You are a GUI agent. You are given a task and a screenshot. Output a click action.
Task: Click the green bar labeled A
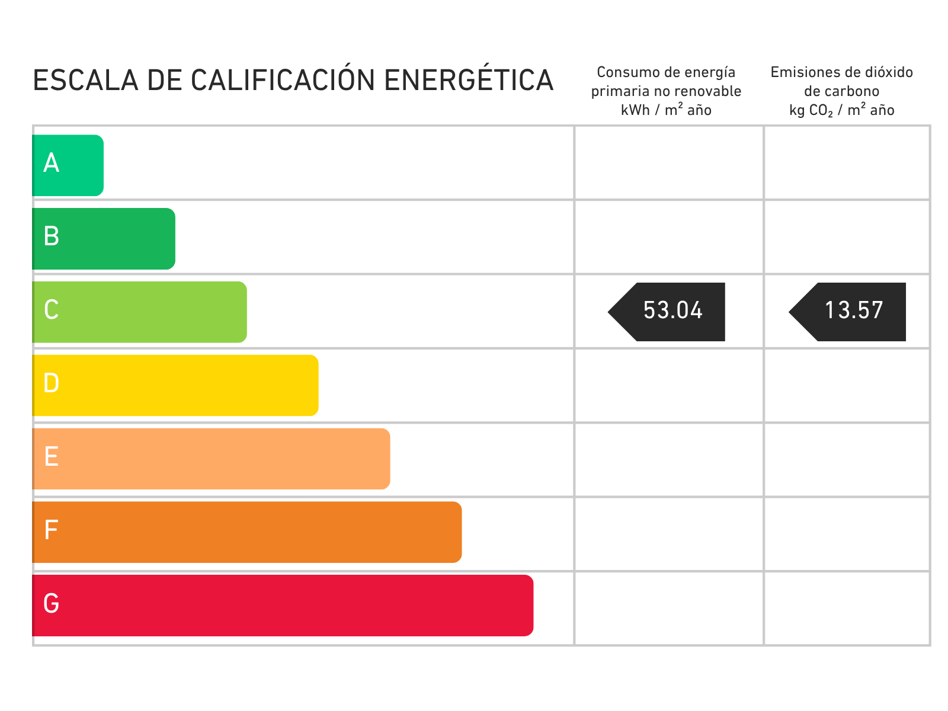click(x=68, y=165)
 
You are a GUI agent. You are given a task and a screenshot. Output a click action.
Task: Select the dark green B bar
click(x=104, y=239)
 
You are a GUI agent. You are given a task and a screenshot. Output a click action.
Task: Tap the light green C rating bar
click(x=139, y=312)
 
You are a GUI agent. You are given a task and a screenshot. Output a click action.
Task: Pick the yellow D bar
click(x=175, y=386)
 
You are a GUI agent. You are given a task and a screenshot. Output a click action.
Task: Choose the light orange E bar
click(x=211, y=459)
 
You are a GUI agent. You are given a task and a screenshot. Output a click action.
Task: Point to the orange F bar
click(x=247, y=532)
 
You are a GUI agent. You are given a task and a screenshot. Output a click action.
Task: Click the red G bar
click(x=283, y=606)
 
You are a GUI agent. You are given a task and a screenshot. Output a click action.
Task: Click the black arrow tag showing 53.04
click(x=667, y=312)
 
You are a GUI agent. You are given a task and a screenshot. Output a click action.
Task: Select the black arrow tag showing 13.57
click(x=847, y=312)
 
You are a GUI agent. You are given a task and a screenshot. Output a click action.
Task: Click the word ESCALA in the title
click(x=86, y=81)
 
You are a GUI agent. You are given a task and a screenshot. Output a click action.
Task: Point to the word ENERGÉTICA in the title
click(x=469, y=79)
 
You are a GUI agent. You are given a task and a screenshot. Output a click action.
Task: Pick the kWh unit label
click(x=635, y=110)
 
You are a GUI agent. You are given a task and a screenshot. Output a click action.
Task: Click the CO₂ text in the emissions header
click(x=821, y=111)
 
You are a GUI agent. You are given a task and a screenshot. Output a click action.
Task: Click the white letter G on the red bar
click(x=52, y=603)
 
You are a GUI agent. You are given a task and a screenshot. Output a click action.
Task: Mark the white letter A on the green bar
click(x=52, y=163)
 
